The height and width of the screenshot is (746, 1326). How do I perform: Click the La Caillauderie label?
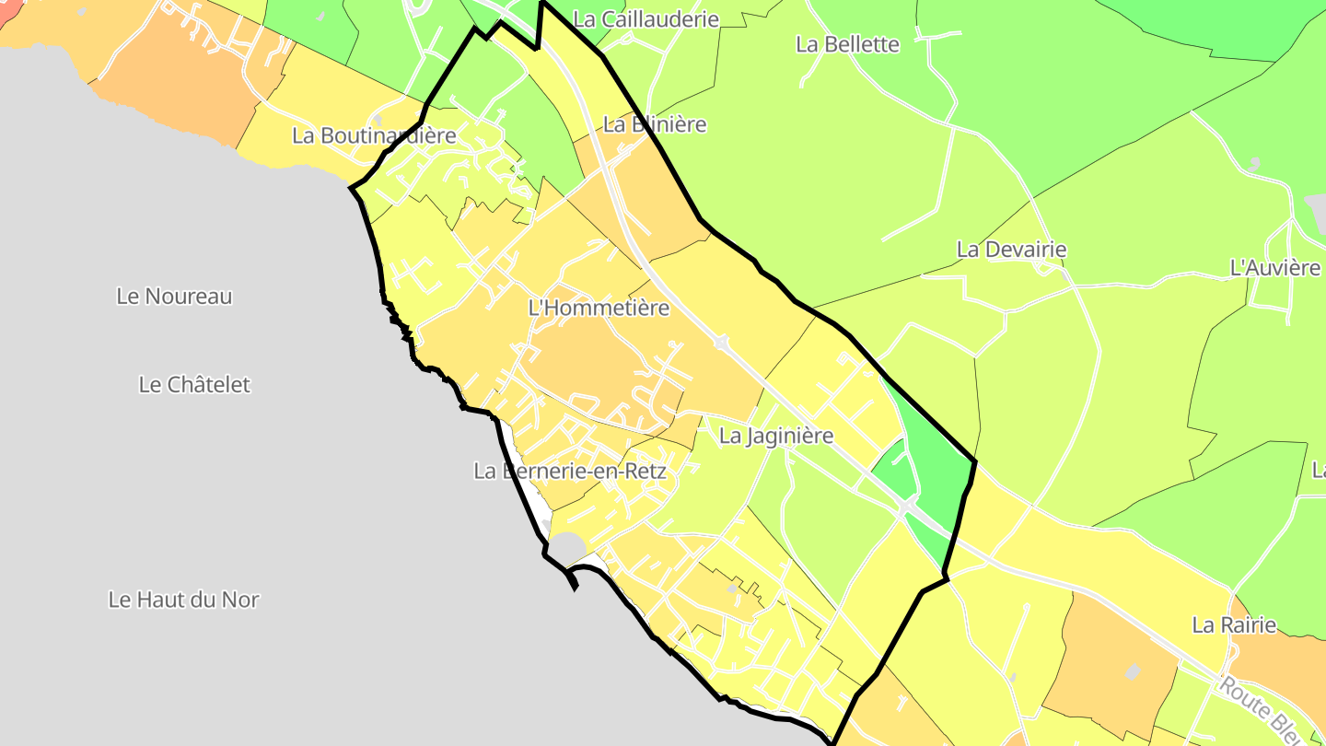click(646, 19)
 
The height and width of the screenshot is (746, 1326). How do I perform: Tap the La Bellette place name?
click(847, 44)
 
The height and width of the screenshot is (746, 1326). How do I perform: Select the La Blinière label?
click(655, 124)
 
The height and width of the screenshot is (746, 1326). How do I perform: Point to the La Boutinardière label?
click(374, 135)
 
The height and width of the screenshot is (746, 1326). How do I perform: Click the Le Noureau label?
click(174, 297)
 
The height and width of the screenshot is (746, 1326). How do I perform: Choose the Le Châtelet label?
click(194, 384)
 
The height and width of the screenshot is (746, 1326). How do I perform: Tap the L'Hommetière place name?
click(599, 308)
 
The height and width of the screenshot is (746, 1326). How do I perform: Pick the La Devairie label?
click(1011, 250)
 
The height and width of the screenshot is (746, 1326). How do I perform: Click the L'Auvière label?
click(1275, 268)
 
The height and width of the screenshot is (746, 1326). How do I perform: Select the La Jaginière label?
click(775, 436)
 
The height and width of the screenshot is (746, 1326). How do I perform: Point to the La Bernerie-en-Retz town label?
click(569, 471)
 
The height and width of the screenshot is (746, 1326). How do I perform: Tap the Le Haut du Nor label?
click(183, 600)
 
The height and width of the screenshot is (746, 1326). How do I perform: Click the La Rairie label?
click(1234, 625)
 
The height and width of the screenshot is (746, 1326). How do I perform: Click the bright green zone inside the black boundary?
click(935, 470)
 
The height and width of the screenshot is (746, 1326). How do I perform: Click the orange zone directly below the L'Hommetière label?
click(589, 359)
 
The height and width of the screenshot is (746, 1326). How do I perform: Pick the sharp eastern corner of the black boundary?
click(974, 460)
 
